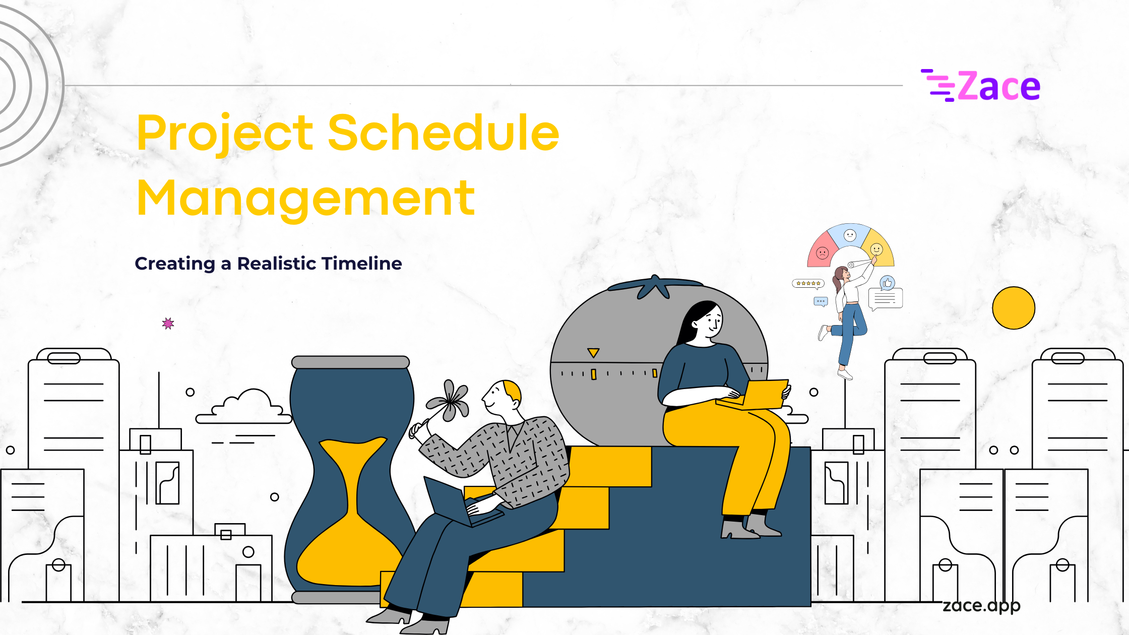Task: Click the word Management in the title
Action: [x=306, y=199]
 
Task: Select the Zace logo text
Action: [x=998, y=86]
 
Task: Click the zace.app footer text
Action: [x=981, y=605]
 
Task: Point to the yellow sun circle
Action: [x=1014, y=308]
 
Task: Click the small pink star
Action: [x=168, y=324]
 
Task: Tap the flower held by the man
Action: [x=448, y=401]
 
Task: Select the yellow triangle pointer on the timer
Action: [x=593, y=352]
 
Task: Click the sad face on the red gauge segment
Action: [x=823, y=252]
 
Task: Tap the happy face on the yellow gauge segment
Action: [x=876, y=249]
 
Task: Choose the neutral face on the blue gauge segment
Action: [x=850, y=235]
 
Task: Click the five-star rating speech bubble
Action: [x=808, y=284]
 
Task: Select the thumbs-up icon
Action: [x=887, y=283]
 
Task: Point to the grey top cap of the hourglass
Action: [x=350, y=362]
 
